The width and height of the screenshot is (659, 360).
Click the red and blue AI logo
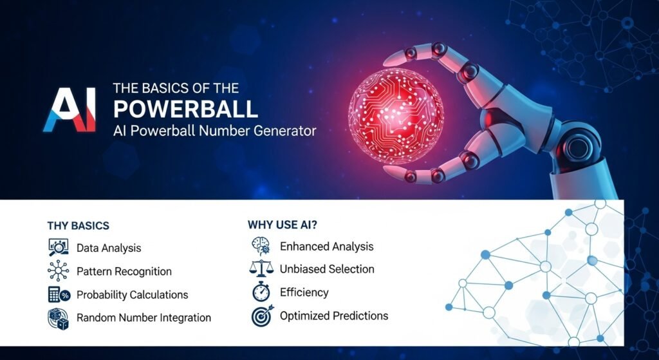[70, 109]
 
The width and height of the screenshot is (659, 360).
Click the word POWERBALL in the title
[185, 109]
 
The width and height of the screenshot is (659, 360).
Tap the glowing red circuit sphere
[396, 116]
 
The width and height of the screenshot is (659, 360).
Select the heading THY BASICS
[78, 226]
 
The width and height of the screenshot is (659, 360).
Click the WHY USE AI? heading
[283, 225]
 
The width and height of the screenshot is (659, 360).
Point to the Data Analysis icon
[58, 247]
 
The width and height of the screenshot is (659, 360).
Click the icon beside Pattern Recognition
[58, 270]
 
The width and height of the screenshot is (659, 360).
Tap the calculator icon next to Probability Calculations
[59, 294]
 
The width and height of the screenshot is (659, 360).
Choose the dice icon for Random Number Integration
[58, 318]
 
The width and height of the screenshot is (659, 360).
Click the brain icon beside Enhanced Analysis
[261, 246]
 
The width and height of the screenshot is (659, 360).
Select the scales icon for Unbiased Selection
[261, 269]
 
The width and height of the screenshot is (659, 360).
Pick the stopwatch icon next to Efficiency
[261, 292]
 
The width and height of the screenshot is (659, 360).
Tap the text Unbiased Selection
[327, 269]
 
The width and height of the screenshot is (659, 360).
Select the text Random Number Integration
[144, 317]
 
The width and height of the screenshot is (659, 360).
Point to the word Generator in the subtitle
[285, 131]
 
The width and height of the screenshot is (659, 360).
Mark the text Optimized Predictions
[334, 316]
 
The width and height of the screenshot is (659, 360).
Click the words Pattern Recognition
[124, 272]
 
